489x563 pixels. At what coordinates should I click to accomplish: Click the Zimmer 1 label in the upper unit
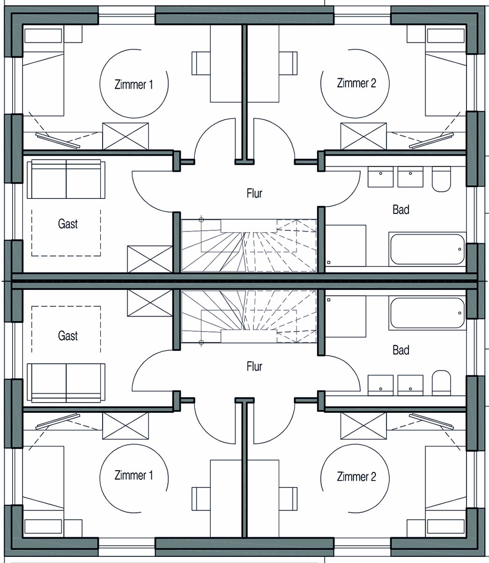tap(133, 84)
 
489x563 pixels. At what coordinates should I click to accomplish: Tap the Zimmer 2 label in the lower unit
tap(356, 477)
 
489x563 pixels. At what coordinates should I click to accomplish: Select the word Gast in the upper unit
tap(68, 224)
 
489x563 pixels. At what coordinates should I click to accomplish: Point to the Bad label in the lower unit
tap(401, 350)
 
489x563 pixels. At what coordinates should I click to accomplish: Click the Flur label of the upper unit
tap(254, 193)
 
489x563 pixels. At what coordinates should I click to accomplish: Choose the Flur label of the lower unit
tap(254, 366)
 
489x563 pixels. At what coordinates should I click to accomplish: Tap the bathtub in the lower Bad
tap(427, 313)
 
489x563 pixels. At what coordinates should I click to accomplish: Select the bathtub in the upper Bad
tap(427, 249)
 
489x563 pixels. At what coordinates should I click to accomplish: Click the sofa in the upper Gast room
tap(66, 180)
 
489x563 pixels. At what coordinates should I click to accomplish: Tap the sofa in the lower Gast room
tap(66, 382)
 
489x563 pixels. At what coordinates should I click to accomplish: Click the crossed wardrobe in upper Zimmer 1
tap(126, 136)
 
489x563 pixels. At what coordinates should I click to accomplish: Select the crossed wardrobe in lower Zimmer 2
tap(363, 426)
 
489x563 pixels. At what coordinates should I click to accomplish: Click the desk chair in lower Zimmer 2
tap(288, 499)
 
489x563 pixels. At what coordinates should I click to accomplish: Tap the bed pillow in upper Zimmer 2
tap(445, 36)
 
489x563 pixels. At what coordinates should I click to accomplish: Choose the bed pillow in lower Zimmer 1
tap(43, 526)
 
